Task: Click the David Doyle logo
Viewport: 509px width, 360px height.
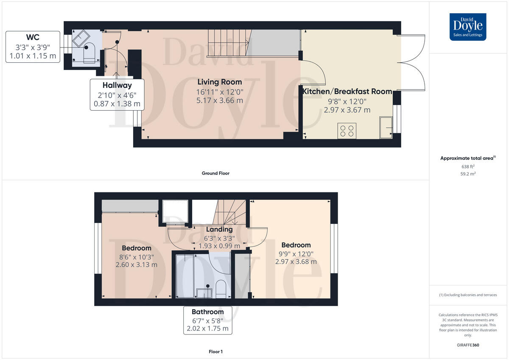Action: click(468, 27)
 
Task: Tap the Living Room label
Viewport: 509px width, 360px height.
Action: click(220, 82)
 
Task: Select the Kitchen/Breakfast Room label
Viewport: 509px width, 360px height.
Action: click(347, 91)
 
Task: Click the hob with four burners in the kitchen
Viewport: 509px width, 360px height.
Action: click(347, 130)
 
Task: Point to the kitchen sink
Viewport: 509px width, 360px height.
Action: click(386, 128)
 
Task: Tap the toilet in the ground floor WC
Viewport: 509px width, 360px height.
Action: click(89, 53)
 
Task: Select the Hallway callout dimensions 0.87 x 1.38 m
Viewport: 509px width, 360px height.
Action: click(116, 103)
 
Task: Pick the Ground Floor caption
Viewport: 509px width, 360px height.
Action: click(215, 173)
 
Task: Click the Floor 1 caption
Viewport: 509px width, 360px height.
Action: click(215, 352)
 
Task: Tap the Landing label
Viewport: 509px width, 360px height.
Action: click(219, 229)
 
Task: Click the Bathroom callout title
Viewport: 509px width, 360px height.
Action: click(208, 312)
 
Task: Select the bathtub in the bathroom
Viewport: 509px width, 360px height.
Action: click(185, 276)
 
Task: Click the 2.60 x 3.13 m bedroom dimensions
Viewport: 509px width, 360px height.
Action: click(136, 265)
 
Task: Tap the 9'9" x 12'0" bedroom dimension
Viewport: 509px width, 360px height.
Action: click(296, 254)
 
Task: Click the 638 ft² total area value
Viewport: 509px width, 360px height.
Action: click(468, 167)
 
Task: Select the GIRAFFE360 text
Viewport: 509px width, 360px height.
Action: click(468, 345)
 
